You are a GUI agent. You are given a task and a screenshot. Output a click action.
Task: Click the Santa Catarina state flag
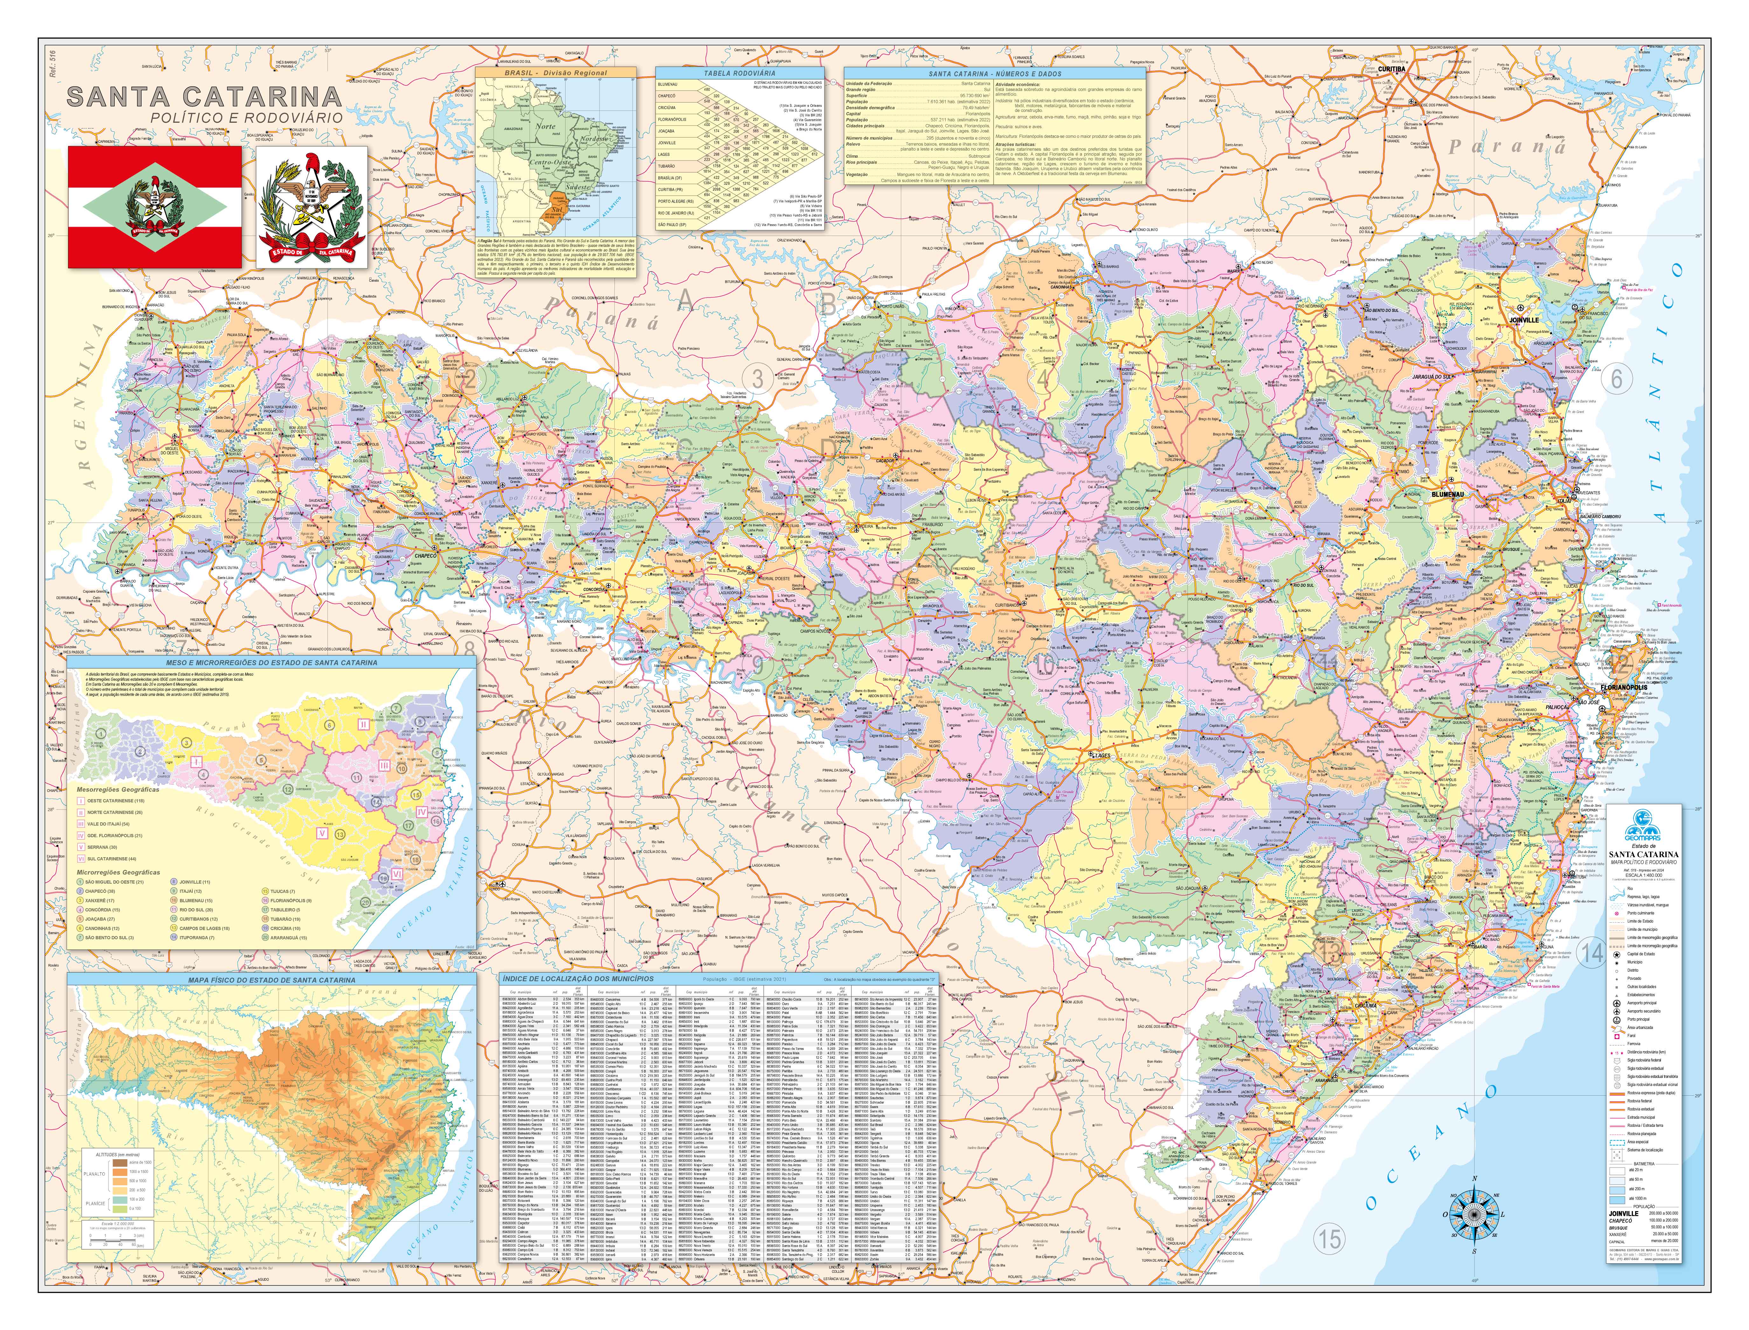(x=155, y=207)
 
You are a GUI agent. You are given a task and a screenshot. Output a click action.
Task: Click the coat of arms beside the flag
(x=311, y=207)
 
